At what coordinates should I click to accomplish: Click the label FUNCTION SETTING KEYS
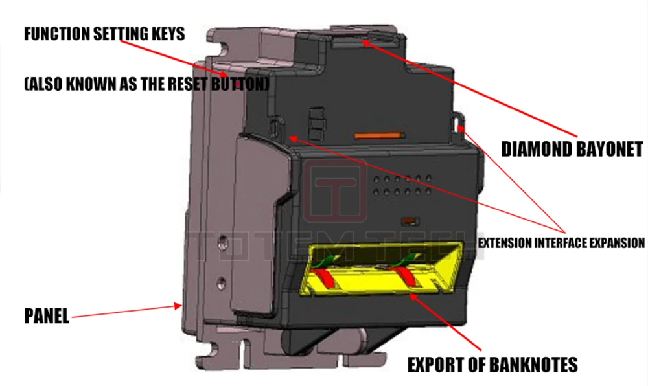point(104,34)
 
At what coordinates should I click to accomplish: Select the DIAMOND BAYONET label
point(572,150)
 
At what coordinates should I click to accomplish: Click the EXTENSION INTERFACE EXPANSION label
point(561,244)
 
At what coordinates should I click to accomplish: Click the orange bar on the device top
point(379,137)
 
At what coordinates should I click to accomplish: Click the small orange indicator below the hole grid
point(408,220)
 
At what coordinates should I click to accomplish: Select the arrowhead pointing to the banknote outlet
point(414,295)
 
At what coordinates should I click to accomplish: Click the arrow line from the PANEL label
point(123,312)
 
